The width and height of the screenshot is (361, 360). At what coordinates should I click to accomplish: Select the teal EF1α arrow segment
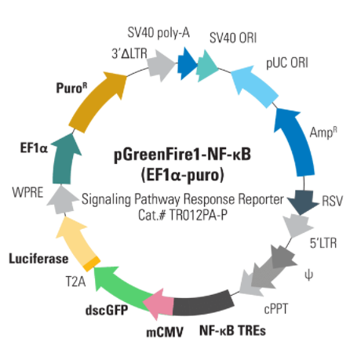64,159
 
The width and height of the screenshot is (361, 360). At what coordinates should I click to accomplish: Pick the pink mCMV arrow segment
159,304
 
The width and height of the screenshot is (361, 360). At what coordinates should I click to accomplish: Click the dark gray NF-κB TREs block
203,304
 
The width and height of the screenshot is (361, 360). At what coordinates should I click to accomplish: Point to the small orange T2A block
92,264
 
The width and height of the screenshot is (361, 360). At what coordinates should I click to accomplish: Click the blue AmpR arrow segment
296,141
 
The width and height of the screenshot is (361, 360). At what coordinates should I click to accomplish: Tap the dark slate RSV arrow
304,202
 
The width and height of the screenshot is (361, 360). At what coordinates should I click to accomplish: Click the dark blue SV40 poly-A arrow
187,64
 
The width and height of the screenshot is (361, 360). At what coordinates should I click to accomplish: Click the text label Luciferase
38,259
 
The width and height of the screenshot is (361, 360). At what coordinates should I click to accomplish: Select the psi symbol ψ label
308,275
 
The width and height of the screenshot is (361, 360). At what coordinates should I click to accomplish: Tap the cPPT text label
276,309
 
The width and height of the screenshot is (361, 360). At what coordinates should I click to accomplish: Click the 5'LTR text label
323,243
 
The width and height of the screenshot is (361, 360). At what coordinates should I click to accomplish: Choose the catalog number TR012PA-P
199,216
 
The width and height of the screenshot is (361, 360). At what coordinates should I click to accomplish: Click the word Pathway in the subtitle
157,200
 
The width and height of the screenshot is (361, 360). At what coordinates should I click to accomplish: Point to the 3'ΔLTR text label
129,53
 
